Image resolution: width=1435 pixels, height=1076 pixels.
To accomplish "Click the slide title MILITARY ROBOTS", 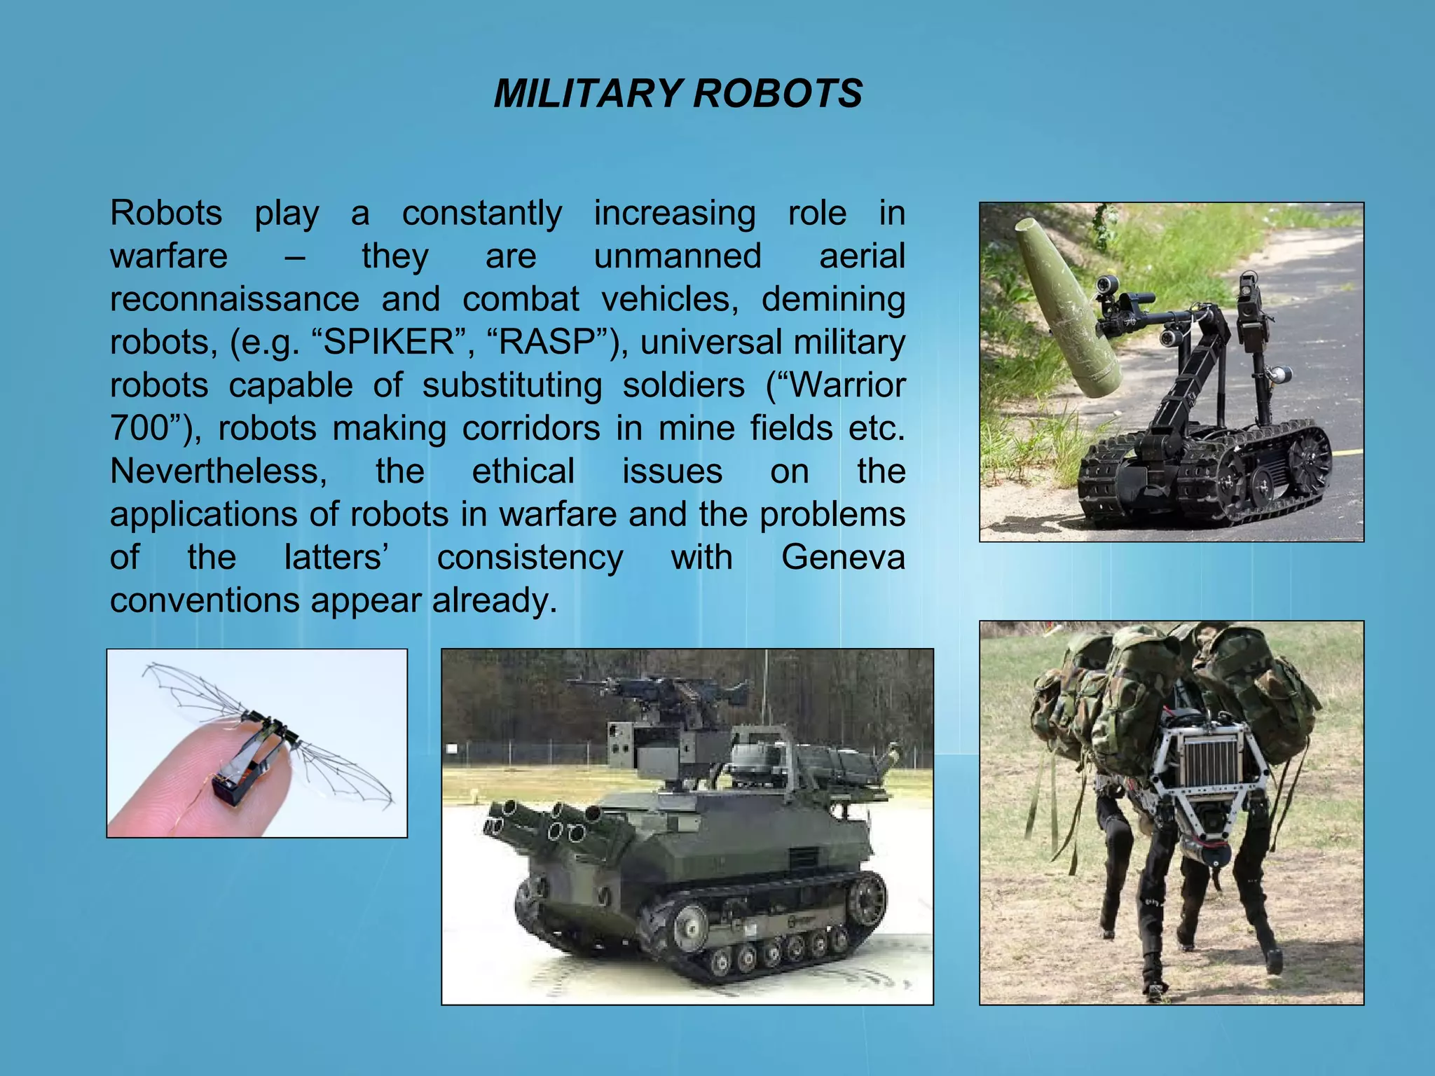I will [678, 93].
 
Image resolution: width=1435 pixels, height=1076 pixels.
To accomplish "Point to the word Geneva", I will [842, 558].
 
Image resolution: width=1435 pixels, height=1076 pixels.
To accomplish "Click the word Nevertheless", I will [218, 471].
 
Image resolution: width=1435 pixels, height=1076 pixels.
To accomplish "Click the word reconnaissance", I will [235, 299].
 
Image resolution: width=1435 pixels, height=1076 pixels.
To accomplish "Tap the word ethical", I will [523, 471].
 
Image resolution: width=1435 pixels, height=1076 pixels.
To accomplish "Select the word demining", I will [833, 299].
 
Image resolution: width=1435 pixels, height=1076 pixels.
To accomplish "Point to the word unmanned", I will [677, 256].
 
